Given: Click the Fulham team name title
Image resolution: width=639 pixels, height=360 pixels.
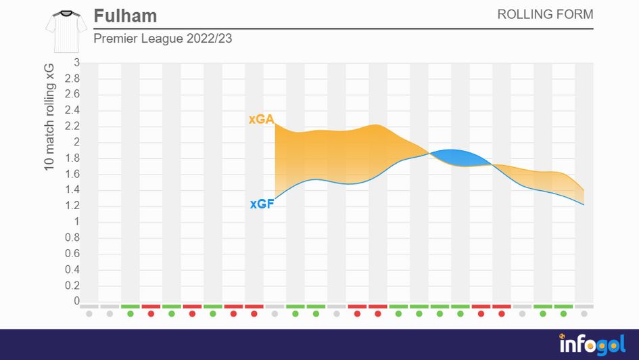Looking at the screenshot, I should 125,16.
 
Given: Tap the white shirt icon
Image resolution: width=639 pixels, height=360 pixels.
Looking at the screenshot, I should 66,31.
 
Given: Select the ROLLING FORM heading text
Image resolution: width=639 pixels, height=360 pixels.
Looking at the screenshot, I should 545,15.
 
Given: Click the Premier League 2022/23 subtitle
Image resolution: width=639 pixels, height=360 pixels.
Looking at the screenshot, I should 162,39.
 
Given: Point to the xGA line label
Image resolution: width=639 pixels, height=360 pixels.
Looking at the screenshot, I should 261,120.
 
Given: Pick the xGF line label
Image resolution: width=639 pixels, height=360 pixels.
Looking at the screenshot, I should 262,203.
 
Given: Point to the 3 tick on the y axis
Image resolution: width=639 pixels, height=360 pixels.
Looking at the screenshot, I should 76,63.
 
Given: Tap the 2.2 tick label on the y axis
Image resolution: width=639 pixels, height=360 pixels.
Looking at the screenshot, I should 72,127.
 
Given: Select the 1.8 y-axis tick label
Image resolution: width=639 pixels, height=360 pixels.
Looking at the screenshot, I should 72,158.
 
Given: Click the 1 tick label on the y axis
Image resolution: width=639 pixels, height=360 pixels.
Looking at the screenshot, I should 76,221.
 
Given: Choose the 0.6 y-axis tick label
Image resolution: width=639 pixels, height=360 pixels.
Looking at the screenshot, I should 72,253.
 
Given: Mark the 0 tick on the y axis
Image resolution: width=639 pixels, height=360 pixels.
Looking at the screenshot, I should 76,301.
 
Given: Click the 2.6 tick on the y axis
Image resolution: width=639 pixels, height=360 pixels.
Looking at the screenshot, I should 72,95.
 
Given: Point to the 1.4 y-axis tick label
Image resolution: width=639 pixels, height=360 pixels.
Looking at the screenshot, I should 72,190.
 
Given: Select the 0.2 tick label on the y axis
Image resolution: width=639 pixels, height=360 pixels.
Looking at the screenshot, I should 72,285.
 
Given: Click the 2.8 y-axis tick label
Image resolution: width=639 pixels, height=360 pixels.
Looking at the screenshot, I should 72,78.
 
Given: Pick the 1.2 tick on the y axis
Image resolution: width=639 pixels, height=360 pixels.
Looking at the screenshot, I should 72,206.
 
